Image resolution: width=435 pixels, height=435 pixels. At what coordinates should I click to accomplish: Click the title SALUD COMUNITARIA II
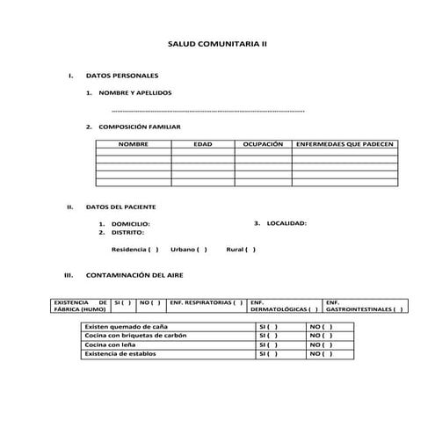216,42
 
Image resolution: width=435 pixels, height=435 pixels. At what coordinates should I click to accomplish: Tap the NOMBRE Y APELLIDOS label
135,91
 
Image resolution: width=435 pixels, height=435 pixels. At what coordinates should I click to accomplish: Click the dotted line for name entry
209,112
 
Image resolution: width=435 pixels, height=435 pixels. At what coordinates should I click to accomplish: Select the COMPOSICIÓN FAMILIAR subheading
140,127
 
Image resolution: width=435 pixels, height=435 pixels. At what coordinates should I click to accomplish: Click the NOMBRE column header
134,142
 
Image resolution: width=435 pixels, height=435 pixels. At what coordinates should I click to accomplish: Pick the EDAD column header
202,142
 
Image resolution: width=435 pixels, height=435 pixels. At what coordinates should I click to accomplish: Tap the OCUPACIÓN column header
263,142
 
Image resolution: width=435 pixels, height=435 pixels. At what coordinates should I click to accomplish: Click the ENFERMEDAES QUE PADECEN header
344,142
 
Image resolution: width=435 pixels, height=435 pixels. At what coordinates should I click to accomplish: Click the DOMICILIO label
130,224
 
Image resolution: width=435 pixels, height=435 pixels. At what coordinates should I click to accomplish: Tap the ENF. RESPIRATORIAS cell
206,301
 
